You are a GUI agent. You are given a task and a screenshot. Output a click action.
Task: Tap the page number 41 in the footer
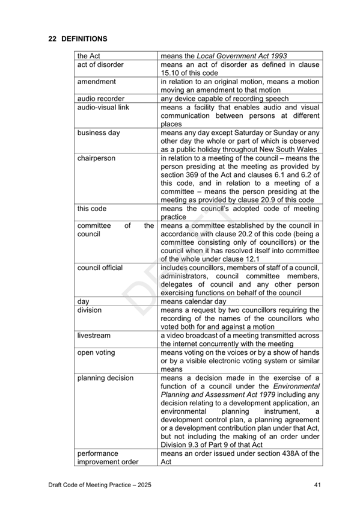pos(317,485)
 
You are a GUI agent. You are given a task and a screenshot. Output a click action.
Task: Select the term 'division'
pos(90,310)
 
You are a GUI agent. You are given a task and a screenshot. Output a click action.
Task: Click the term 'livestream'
pos(94,336)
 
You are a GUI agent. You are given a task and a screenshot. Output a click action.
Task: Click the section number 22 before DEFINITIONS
pos(52,39)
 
